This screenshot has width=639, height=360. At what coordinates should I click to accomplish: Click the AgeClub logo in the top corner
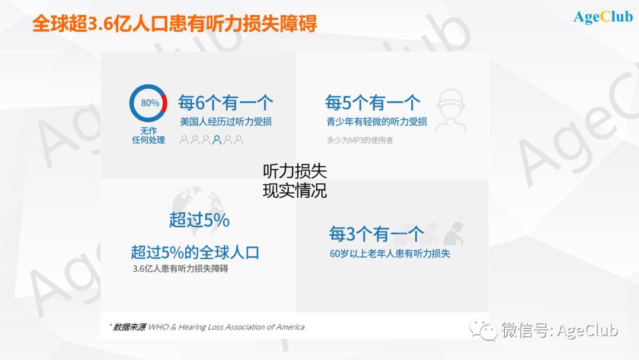[x=603, y=17]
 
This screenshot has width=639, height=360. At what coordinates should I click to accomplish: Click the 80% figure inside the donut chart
[x=150, y=103]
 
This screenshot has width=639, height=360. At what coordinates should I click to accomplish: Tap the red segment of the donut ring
[x=164, y=103]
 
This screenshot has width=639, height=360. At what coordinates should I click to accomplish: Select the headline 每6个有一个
[x=225, y=103]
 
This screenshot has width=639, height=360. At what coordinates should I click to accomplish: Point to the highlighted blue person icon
[x=217, y=140]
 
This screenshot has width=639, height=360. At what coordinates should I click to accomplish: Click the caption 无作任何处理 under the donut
[x=149, y=136]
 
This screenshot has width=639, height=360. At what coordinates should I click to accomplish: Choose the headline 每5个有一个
[x=373, y=103]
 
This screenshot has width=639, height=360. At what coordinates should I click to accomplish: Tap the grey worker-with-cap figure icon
[x=451, y=111]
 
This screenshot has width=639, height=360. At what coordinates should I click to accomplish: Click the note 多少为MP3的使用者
[x=360, y=140]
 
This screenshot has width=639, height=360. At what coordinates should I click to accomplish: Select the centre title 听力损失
[x=295, y=171]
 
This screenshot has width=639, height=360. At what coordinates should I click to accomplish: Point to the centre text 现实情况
[x=295, y=191]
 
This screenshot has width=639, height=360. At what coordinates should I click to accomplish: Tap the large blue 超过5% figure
[x=199, y=220]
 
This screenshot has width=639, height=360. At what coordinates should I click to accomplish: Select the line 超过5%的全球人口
[x=195, y=252]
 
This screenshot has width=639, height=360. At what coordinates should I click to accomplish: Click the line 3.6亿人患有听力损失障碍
[x=180, y=269]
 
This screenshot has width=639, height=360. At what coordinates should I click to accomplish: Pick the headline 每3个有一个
[x=376, y=234]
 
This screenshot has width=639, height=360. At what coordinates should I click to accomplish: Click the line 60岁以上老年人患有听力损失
[x=390, y=253]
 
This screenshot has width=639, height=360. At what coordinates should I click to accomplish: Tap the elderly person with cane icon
[x=454, y=234]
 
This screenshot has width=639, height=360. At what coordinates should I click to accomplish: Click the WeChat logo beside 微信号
[x=483, y=329]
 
